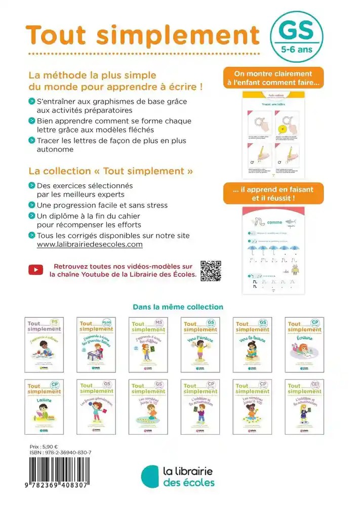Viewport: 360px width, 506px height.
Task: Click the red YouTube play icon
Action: (x=35, y=270)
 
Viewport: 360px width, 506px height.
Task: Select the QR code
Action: (x=211, y=270)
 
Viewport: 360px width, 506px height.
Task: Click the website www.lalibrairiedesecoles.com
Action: (x=90, y=244)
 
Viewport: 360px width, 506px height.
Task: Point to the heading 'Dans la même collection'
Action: (x=178, y=307)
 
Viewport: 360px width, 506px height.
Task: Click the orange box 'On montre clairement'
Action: (x=273, y=78)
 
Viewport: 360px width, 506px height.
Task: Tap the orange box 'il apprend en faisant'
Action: (x=273, y=193)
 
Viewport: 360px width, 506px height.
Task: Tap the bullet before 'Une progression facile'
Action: (x=32, y=205)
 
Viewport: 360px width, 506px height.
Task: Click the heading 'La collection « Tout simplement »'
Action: (x=111, y=171)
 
